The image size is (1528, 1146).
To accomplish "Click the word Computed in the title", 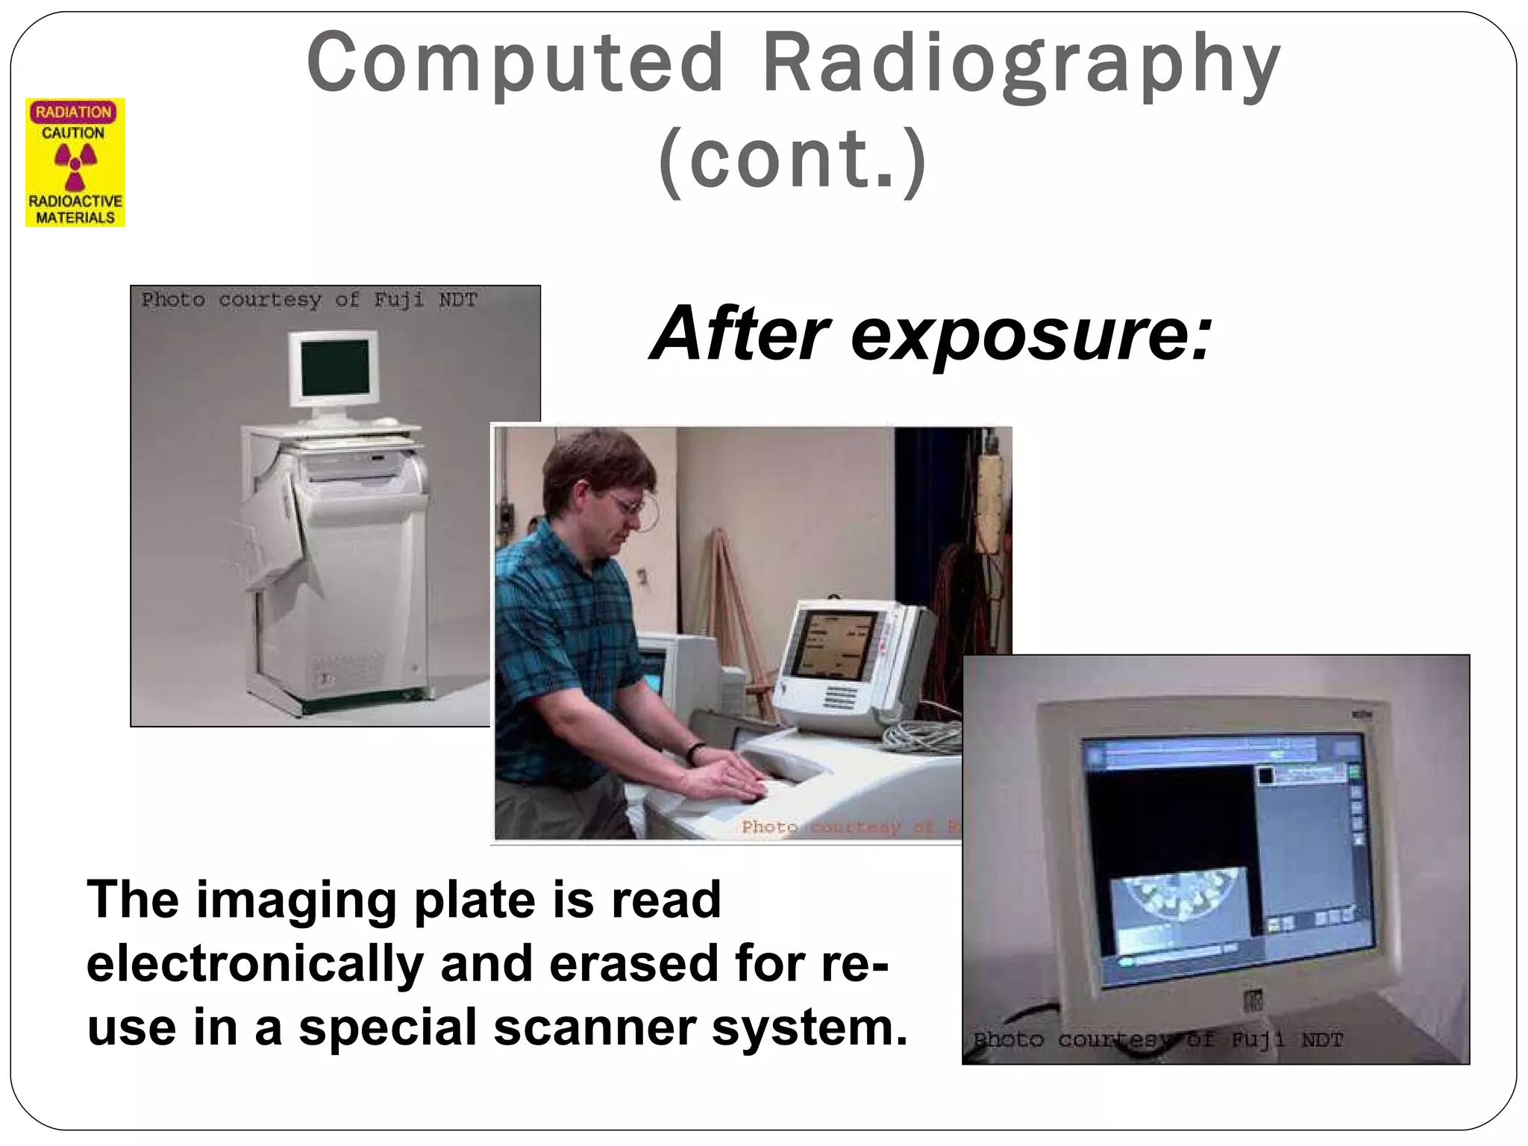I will (x=515, y=63).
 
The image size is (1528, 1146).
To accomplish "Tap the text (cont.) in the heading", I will (x=793, y=160).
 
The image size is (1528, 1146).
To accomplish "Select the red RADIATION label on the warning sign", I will (x=73, y=112).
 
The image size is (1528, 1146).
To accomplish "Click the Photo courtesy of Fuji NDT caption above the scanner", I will (x=309, y=300).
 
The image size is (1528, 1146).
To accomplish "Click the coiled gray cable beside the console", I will (x=922, y=735).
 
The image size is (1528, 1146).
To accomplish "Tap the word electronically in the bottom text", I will (x=254, y=963).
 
